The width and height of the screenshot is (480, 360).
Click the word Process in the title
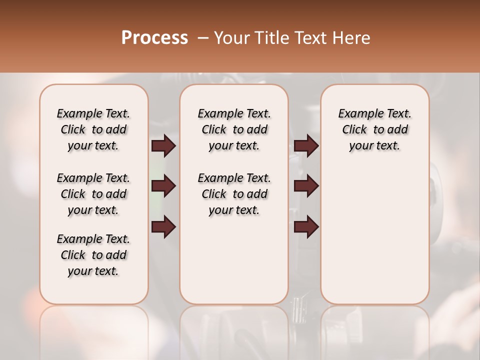154,38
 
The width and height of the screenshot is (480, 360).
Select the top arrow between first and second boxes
163,146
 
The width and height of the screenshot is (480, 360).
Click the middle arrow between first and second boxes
163,186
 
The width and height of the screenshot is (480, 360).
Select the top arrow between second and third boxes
306,146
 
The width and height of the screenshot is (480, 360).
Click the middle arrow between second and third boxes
306,186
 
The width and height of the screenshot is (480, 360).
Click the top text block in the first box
93,129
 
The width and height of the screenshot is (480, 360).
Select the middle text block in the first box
93,194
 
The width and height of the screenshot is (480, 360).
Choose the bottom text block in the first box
93,255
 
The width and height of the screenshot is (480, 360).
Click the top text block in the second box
234,129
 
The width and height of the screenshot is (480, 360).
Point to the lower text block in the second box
234,194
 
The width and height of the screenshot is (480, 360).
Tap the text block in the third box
375,129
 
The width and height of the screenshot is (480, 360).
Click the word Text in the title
311,38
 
